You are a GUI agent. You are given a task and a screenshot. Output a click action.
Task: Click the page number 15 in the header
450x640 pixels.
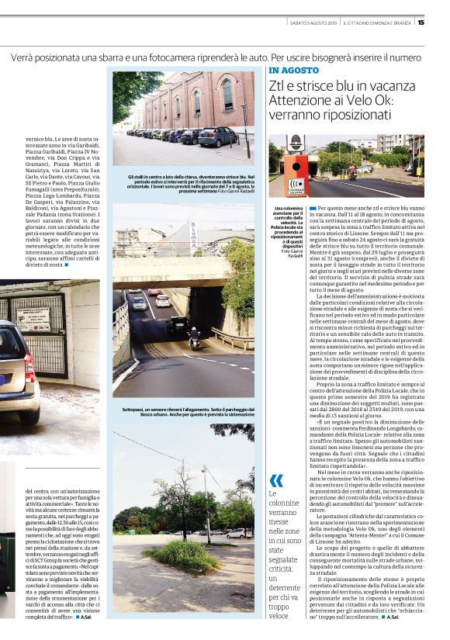coord(442,22)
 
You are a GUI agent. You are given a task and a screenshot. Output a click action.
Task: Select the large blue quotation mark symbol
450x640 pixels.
coord(276,479)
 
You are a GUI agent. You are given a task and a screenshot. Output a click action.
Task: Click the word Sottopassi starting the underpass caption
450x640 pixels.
coord(135,408)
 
